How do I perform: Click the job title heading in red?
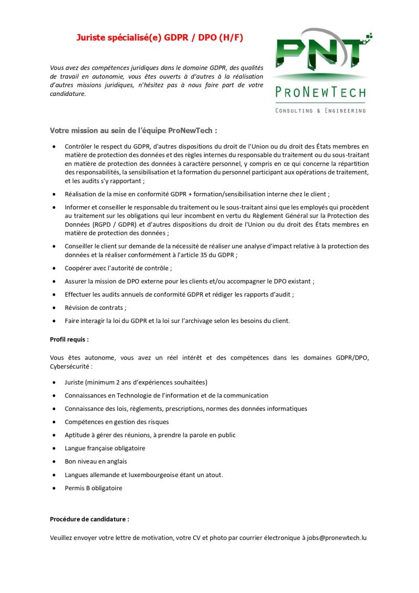click(160, 38)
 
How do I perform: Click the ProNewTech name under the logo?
click(321, 93)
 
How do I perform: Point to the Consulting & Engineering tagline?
click(321, 111)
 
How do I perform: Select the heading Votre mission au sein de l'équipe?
click(133, 130)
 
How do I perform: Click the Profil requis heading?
click(69, 339)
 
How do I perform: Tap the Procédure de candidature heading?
click(89, 519)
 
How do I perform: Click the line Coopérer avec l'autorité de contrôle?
click(118, 268)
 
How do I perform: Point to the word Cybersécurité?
click(71, 366)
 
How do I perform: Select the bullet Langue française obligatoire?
click(105, 448)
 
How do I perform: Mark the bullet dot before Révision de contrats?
click(54, 308)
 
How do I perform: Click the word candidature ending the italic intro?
click(67, 94)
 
